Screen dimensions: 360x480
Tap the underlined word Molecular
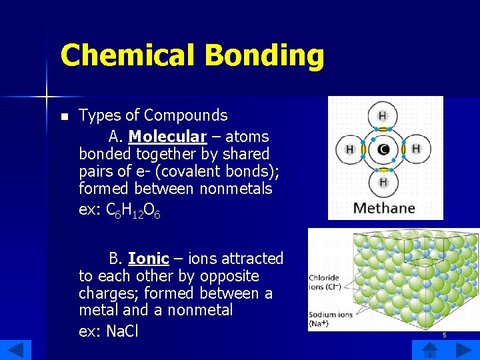point(167,137)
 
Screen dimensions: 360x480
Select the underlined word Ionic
point(148,259)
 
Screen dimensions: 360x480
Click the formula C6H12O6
point(133,211)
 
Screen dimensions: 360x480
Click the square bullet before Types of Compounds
point(64,117)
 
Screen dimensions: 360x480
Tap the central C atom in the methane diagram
point(383,150)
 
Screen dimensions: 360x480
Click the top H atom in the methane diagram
point(383,116)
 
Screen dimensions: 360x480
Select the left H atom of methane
point(349,150)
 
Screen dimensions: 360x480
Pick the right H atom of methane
point(416,149)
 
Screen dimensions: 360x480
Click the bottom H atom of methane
point(383,182)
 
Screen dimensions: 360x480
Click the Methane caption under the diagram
point(384,208)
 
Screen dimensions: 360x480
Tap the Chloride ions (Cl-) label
point(323,282)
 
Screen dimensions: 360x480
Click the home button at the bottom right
point(429,349)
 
